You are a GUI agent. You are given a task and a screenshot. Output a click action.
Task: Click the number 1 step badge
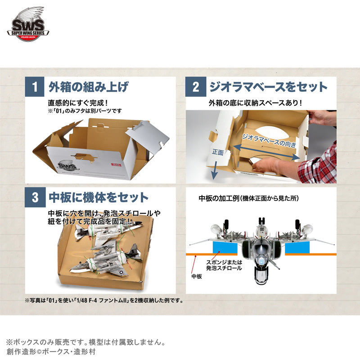(35, 87)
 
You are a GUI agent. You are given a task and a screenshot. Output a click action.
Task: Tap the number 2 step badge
(195, 87)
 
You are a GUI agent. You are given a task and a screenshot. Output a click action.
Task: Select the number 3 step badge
(35, 197)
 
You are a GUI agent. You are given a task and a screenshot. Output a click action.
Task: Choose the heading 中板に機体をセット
(98, 197)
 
